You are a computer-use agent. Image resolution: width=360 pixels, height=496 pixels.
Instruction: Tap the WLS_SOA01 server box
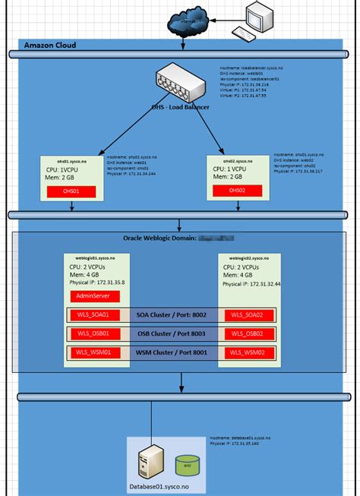click(93, 315)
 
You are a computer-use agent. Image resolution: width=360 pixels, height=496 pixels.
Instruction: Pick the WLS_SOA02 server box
click(248, 315)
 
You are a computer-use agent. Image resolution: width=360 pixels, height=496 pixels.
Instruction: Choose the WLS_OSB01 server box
click(93, 333)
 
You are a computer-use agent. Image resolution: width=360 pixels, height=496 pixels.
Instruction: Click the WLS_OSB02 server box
click(248, 333)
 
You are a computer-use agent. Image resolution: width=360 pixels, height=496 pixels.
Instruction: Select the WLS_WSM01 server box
click(93, 352)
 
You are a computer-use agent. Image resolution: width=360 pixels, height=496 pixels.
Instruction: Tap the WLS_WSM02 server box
click(248, 352)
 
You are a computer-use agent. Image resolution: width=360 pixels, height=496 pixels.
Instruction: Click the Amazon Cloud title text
click(50, 45)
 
